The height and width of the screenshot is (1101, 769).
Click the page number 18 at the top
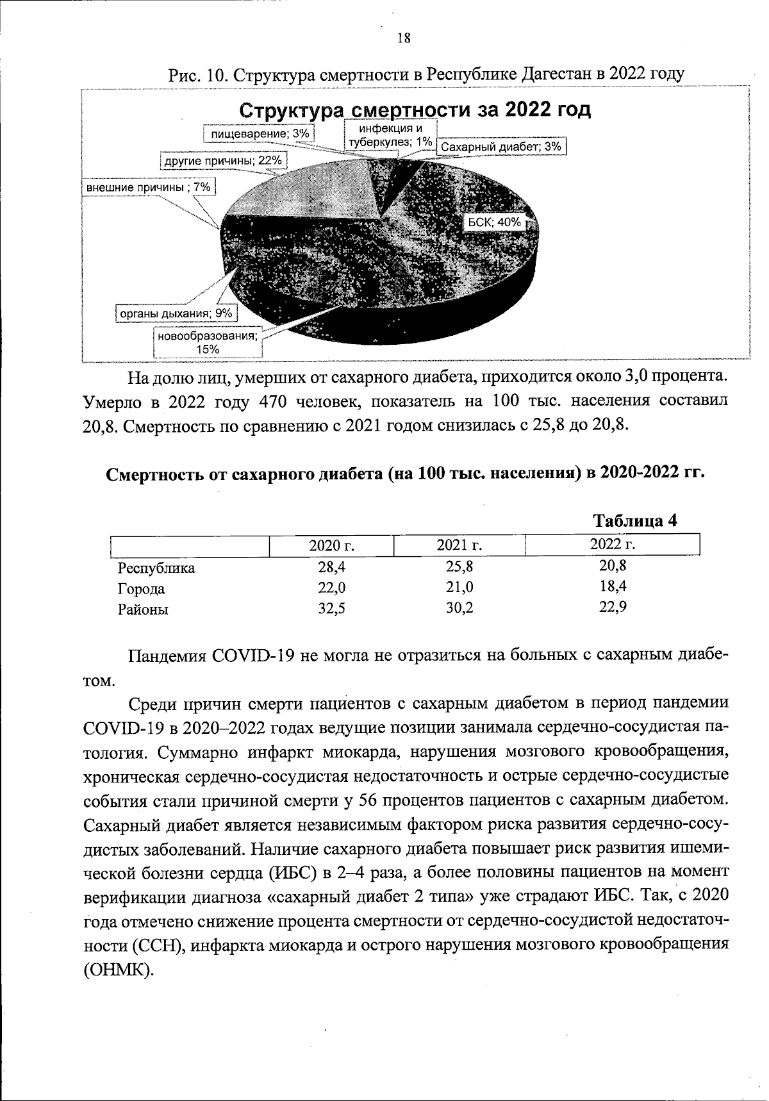click(403, 38)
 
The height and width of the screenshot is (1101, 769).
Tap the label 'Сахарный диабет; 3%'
click(502, 147)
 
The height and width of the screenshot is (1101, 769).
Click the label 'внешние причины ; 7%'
click(149, 187)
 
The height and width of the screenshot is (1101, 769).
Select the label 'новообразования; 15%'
click(208, 342)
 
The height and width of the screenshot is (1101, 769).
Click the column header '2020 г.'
click(332, 546)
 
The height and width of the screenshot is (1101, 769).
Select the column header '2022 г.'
click(612, 545)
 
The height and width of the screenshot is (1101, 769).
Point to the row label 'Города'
click(141, 589)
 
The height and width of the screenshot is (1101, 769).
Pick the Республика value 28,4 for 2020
click(332, 567)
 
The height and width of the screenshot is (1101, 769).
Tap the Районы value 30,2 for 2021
click(459, 608)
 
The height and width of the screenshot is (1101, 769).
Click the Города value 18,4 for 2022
click(613, 586)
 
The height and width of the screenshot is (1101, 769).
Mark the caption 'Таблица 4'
click(635, 520)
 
